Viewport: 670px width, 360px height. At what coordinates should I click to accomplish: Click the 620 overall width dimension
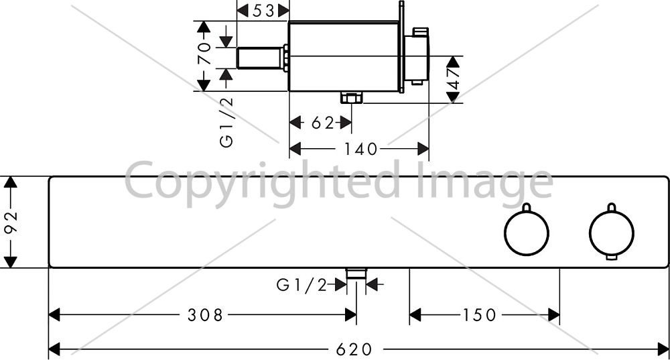pos(354,350)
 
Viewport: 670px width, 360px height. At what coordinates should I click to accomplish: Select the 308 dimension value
pos(205,315)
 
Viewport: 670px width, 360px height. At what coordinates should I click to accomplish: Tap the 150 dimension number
pos(480,315)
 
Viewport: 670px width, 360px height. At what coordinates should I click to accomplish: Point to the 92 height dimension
pos(11,222)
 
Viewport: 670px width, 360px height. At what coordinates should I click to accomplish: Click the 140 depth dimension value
pos(361,149)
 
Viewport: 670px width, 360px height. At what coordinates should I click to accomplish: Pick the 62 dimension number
pos(323,123)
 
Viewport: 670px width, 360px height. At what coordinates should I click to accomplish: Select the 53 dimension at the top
pos(263,11)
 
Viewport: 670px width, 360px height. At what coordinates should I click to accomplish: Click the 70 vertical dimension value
pos(204,52)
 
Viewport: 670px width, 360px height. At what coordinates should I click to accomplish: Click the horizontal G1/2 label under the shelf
pos(301,285)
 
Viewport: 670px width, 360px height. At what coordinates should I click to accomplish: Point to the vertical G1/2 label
pos(227,122)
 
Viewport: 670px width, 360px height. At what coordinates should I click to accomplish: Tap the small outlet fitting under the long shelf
pos(356,274)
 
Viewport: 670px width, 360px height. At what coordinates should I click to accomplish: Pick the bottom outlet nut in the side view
pos(351,98)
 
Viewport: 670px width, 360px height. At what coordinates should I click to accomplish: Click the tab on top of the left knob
pos(527,207)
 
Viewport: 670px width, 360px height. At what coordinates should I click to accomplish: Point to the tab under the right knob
pos(612,257)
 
